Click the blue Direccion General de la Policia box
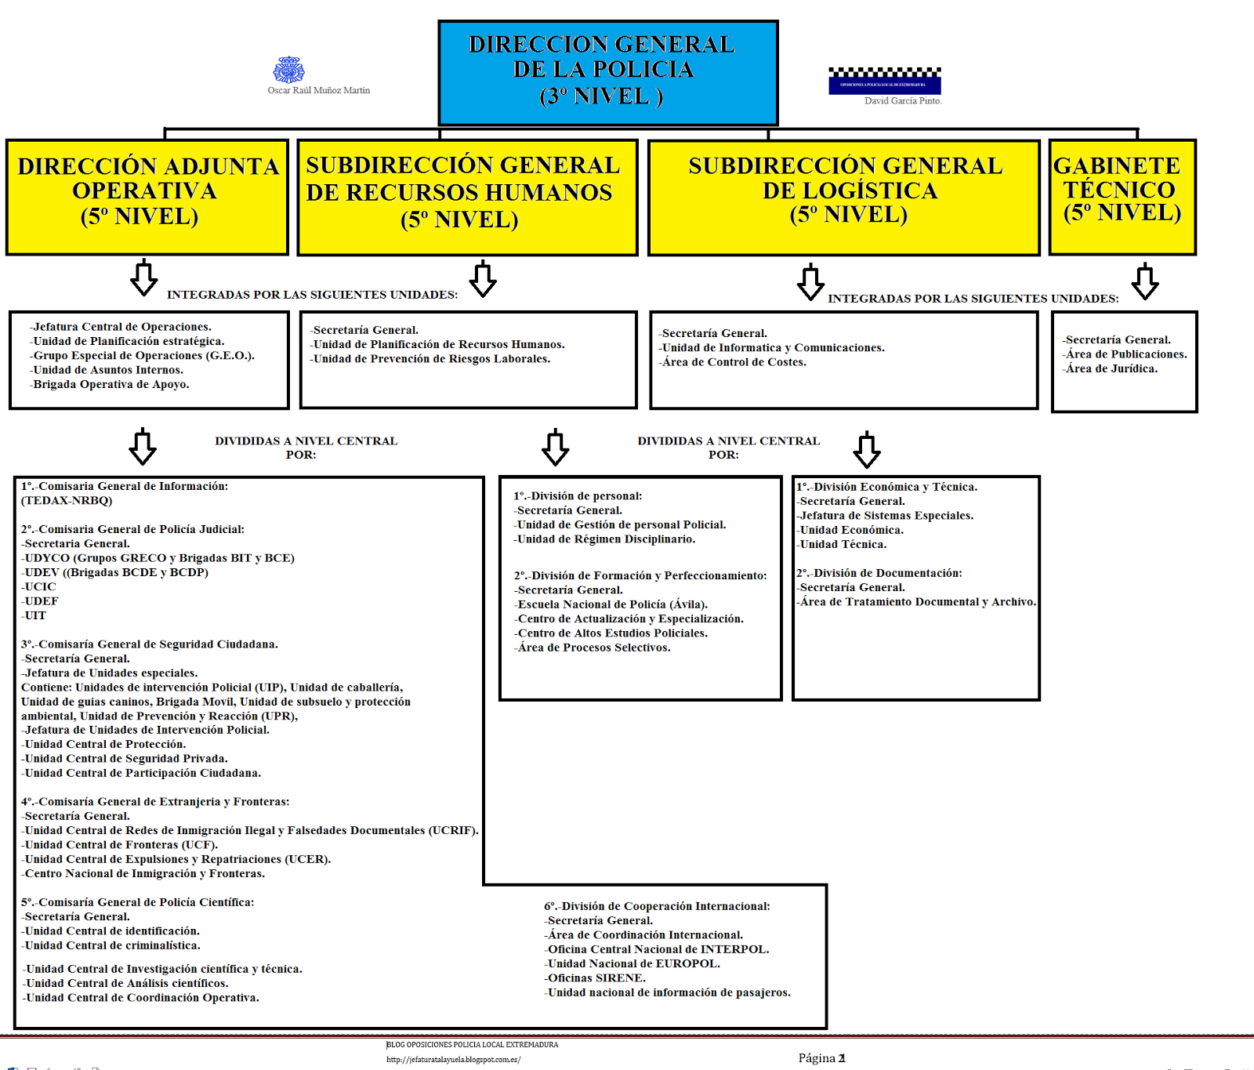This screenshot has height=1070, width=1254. [607, 72]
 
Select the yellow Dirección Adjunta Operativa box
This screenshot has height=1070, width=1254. [147, 196]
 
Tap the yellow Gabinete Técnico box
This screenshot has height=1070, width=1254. [1122, 196]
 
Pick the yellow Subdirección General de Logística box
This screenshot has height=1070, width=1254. [844, 196]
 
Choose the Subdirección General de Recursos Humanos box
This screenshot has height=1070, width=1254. [467, 196]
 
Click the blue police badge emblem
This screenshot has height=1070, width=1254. [288, 70]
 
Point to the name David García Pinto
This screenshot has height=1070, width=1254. [903, 101]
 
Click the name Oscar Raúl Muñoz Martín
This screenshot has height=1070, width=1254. [318, 90]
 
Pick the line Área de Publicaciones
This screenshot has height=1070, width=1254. [1125, 354]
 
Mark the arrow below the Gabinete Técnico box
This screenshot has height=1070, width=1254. [1145, 282]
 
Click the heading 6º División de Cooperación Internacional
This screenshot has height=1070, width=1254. [657, 906]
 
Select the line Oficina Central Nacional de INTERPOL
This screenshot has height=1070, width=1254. [657, 949]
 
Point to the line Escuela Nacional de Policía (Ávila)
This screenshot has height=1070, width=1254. [611, 604]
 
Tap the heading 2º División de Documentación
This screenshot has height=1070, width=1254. [879, 573]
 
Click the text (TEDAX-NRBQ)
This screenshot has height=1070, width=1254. [67, 500]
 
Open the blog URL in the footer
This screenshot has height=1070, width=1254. [453, 1060]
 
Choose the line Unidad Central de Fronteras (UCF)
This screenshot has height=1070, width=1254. [120, 845]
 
